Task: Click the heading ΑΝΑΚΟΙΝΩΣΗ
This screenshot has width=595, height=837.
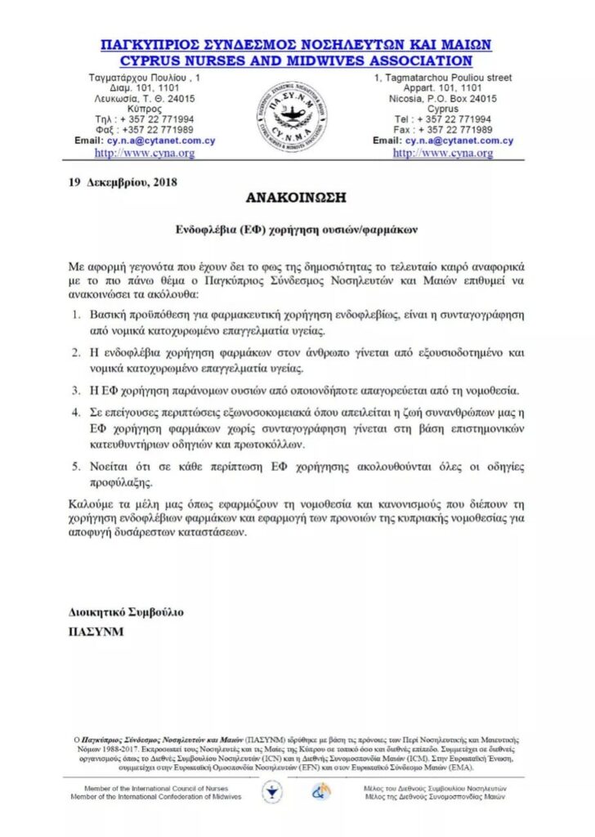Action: [x=297, y=199]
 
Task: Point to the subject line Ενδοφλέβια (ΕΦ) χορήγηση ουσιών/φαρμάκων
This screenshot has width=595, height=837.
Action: [x=297, y=231]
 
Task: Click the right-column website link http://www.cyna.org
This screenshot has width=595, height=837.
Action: [x=443, y=153]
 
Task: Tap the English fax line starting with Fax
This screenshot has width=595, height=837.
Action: [x=443, y=129]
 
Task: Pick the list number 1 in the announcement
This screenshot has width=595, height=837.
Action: [x=74, y=315]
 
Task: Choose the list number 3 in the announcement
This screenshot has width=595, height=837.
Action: [x=74, y=391]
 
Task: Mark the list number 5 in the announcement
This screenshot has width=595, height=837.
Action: [x=74, y=467]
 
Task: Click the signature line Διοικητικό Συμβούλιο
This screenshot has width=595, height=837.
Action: [x=127, y=612]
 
